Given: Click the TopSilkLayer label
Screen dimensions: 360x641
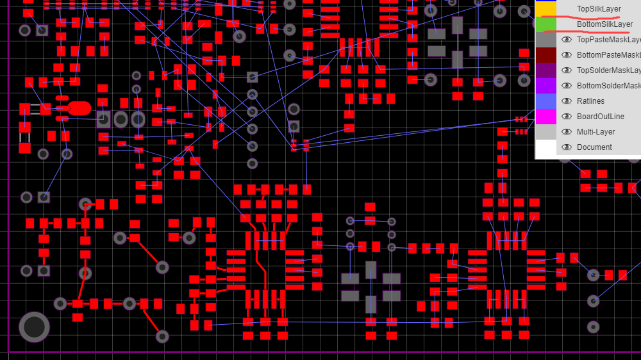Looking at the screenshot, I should (599, 9).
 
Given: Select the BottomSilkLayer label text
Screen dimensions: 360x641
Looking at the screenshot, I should (604, 24).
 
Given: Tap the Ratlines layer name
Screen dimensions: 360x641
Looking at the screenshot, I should (590, 101).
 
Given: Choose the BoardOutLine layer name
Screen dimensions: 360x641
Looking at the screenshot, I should (600, 117).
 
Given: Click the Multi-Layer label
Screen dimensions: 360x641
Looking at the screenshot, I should (595, 132).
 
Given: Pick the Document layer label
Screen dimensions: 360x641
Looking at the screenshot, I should (594, 147).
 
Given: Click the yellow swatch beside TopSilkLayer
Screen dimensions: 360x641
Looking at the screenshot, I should (545, 8).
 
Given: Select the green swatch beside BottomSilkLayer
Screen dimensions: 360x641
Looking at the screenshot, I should (545, 24).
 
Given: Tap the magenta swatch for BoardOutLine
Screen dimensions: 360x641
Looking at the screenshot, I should (545, 117).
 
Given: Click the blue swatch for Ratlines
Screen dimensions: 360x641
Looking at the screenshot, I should (545, 101).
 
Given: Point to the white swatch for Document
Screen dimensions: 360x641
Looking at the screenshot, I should (545, 147).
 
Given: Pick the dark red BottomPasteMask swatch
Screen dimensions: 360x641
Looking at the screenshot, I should (545, 55).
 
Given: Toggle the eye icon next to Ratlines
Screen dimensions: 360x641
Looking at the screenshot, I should (567, 101).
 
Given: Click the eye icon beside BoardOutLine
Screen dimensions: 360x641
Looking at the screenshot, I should (567, 117).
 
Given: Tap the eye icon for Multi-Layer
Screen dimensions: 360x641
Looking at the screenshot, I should (567, 132).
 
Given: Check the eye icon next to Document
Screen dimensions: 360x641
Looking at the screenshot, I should (567, 147).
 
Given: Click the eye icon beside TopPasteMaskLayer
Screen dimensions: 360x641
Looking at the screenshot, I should (567, 40).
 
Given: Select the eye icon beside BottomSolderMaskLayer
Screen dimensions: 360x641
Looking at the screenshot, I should (567, 86).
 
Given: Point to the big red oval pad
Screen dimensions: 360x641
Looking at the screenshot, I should (79, 108).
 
